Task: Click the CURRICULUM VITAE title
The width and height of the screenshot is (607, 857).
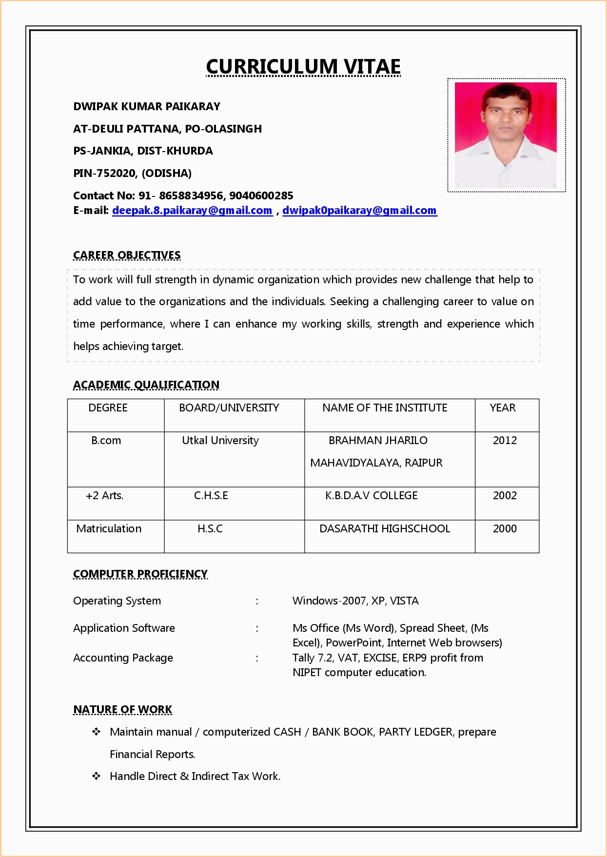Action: pyautogui.click(x=303, y=67)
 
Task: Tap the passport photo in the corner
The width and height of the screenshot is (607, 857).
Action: pyautogui.click(x=506, y=135)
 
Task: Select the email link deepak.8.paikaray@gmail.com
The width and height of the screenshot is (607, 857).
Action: pyautogui.click(x=192, y=211)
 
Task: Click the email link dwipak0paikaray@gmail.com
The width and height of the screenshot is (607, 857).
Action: pyautogui.click(x=359, y=211)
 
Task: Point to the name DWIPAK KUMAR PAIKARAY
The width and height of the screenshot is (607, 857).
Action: pyautogui.click(x=147, y=106)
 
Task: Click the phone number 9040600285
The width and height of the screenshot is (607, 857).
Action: pyautogui.click(x=261, y=195)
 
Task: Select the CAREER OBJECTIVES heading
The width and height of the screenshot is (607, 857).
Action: pyautogui.click(x=127, y=255)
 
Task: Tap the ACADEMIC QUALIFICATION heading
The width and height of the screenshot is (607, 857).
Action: pyautogui.click(x=146, y=385)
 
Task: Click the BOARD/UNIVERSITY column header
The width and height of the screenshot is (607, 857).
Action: pyautogui.click(x=229, y=408)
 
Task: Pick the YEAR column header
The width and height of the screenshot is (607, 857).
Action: pyautogui.click(x=503, y=408)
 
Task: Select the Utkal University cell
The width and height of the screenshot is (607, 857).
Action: pyautogui.click(x=220, y=441)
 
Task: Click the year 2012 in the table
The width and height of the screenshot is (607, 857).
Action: pyautogui.click(x=505, y=441)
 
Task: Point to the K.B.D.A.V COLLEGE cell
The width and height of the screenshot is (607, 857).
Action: pyautogui.click(x=372, y=496)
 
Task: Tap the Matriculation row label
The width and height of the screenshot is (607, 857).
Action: pyautogui.click(x=109, y=529)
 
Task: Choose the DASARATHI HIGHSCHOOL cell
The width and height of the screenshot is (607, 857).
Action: pyautogui.click(x=385, y=529)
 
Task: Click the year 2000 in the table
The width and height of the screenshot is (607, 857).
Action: pyautogui.click(x=505, y=529)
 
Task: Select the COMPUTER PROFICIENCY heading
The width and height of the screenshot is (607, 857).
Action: pyautogui.click(x=140, y=574)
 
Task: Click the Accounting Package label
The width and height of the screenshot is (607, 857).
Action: pyautogui.click(x=123, y=658)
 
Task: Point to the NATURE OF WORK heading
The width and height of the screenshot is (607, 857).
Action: pyautogui.click(x=123, y=710)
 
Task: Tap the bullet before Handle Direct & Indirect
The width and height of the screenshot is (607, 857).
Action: pyautogui.click(x=97, y=776)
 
